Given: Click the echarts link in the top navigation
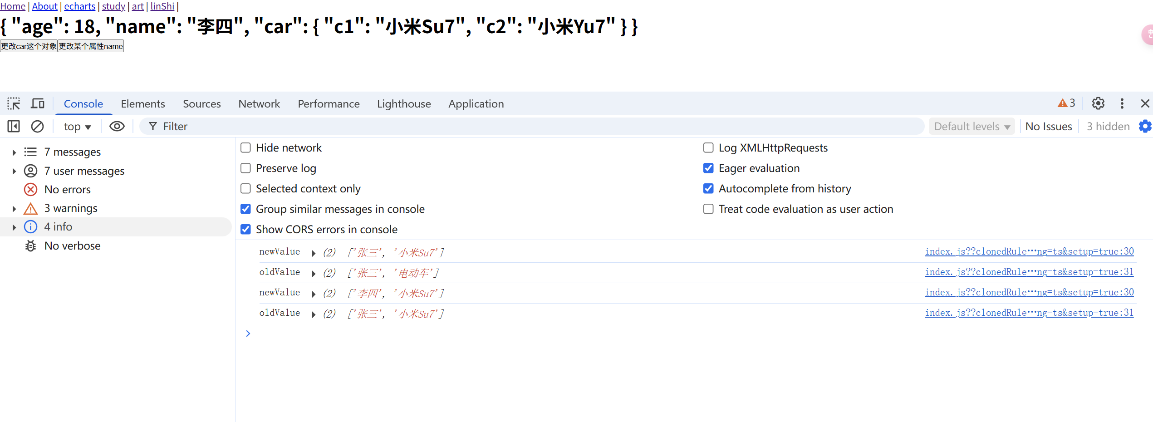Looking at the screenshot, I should point(80,6).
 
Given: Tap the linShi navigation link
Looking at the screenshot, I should point(162,6).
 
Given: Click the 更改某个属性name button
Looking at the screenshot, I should point(91,46).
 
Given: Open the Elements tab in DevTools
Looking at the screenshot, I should point(143,104).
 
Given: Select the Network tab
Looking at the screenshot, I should point(259,104).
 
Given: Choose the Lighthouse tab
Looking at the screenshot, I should point(404,104).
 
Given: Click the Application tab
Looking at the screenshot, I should point(476,104).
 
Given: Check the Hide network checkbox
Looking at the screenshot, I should point(245,148).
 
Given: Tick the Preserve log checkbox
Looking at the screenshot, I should point(245,168).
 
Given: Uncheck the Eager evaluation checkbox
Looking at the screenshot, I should point(708,168).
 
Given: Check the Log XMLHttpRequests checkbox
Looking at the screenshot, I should point(708,148).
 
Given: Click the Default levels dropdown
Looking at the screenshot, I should point(971,127).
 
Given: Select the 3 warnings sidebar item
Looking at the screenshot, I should point(71,208).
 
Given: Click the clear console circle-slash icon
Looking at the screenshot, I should point(37,127).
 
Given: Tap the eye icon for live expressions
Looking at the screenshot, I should point(117,127).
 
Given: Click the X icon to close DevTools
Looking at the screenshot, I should point(1145,103).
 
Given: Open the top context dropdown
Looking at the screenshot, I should point(77,127).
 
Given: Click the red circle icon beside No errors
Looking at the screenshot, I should point(30,190).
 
